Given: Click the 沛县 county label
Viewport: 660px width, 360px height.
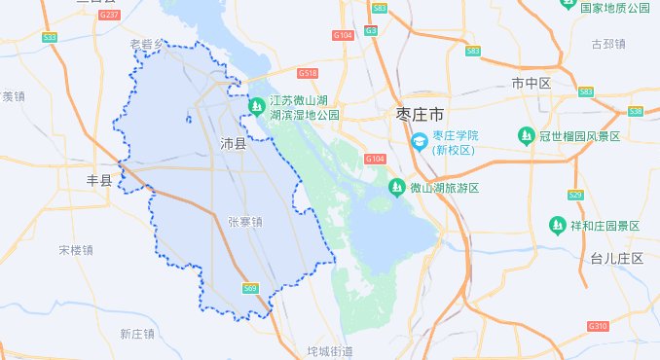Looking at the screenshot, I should click(233, 144).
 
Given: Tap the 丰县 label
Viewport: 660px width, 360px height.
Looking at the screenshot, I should click(100, 179).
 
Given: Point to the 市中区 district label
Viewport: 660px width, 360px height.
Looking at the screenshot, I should click(531, 84).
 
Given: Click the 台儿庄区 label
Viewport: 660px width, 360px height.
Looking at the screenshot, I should click(617, 258).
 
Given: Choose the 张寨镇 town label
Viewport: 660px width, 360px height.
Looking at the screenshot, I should click(245, 222).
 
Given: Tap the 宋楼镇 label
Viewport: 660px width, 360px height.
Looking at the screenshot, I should click(75, 250).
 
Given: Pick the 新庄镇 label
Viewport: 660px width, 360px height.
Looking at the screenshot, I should click(138, 334).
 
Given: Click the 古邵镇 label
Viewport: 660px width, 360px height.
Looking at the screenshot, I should click(608, 44).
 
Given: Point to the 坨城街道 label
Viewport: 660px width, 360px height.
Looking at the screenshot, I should click(329, 350).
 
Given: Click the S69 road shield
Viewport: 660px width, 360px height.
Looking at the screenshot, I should click(250, 288).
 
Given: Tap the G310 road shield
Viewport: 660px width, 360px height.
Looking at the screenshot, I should click(598, 326).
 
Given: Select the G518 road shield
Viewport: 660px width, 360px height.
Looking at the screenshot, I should click(308, 73).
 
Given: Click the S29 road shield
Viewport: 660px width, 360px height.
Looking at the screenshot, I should click(575, 196).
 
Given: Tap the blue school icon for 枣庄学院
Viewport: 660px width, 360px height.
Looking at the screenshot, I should click(419, 142).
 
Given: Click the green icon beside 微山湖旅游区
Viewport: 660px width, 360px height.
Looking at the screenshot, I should click(396, 187).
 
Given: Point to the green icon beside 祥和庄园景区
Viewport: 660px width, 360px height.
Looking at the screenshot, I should click(558, 226).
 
